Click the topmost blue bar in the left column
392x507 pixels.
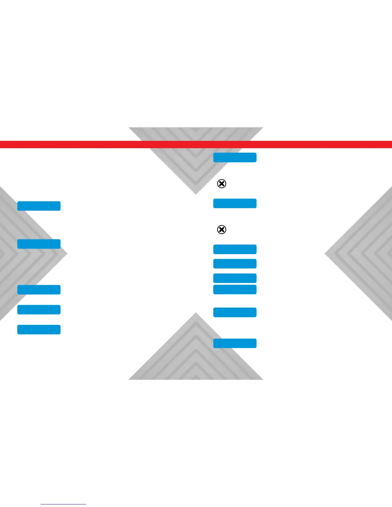(x=39, y=206)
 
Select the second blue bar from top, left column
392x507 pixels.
(x=39, y=244)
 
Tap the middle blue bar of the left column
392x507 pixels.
(x=39, y=289)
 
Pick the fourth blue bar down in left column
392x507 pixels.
(x=39, y=310)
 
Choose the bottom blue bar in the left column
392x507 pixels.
(x=39, y=329)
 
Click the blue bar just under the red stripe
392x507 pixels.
(x=235, y=157)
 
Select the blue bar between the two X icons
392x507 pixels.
(x=235, y=203)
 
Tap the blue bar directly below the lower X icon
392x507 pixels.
(x=235, y=249)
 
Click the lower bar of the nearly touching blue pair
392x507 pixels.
(x=235, y=289)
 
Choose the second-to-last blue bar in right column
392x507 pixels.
(x=235, y=312)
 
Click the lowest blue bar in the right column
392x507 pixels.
(x=235, y=343)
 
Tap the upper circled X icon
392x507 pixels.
(x=222, y=183)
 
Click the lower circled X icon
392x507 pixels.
(x=222, y=229)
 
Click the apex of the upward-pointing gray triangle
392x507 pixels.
(x=196, y=313)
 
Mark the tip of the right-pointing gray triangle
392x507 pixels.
(x=67, y=254)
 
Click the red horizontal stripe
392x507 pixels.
(x=196, y=144)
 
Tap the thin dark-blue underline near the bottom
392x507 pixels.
(x=63, y=504)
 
